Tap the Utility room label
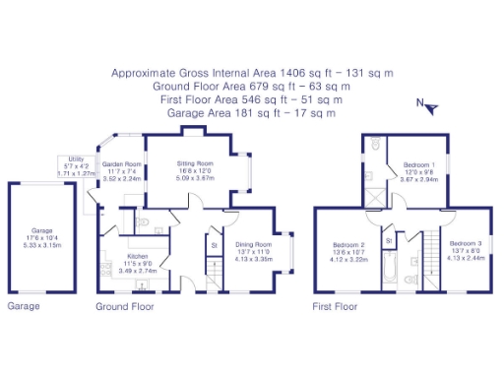(x=76, y=158)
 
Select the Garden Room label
(x=123, y=164)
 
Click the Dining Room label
(x=252, y=229)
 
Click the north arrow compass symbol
(x=422, y=102)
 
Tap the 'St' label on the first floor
(x=389, y=240)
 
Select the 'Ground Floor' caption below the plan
(x=125, y=307)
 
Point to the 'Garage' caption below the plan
(x=23, y=307)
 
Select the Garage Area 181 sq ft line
(x=252, y=112)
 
